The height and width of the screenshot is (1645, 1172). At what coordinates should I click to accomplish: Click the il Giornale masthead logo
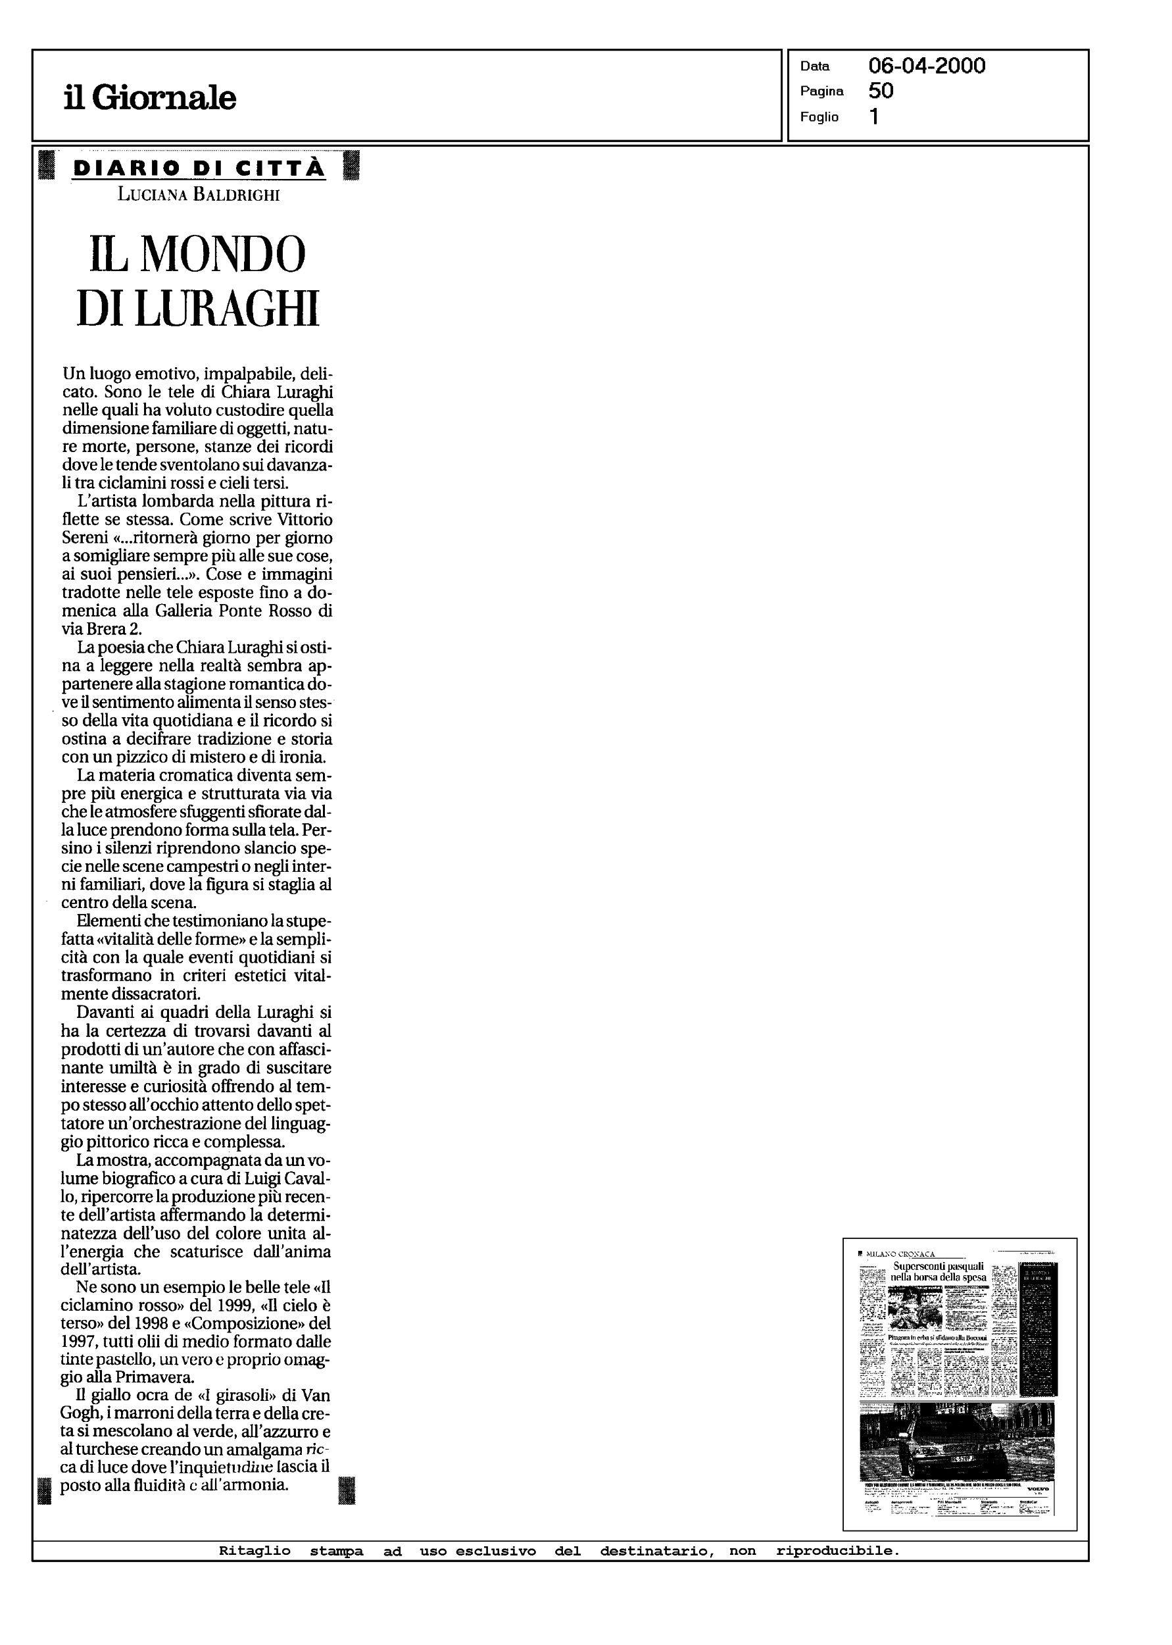pyautogui.click(x=149, y=97)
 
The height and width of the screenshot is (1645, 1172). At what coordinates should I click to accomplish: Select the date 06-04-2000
pyautogui.click(x=927, y=66)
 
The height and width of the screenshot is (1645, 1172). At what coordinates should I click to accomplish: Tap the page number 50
pyautogui.click(x=881, y=90)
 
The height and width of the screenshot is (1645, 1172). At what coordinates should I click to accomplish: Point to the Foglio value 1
pyautogui.click(x=874, y=116)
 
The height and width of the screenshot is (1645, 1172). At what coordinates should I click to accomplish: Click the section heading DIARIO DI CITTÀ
pyautogui.click(x=199, y=168)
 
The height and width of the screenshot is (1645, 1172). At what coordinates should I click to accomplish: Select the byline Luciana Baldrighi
pyautogui.click(x=199, y=194)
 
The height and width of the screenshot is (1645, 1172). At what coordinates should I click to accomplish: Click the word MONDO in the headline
pyautogui.click(x=222, y=254)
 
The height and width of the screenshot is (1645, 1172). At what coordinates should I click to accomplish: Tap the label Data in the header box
pyautogui.click(x=815, y=66)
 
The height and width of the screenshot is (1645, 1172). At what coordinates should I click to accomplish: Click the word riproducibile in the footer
pyautogui.click(x=838, y=1550)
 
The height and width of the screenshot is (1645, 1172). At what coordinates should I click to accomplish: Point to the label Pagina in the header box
pyautogui.click(x=821, y=91)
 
